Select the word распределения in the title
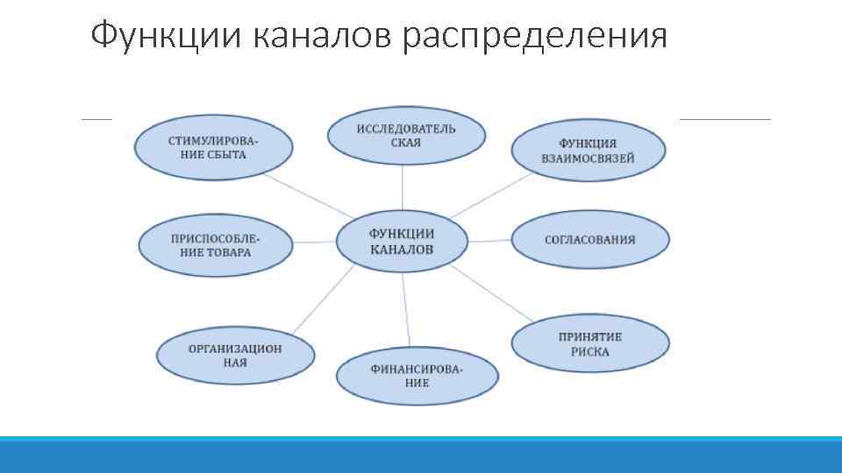pyautogui.click(x=536, y=36)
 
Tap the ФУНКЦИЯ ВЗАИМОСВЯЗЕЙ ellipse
pyautogui.click(x=588, y=151)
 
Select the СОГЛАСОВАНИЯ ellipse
pyautogui.click(x=589, y=240)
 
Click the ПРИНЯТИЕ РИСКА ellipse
pyautogui.click(x=589, y=344)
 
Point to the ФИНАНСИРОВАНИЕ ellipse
pyautogui.click(x=417, y=376)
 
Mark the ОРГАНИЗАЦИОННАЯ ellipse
pyautogui.click(x=235, y=355)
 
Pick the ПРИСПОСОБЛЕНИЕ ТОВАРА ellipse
pyautogui.click(x=216, y=244)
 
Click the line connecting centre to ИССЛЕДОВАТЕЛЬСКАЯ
pyautogui.click(x=403, y=187)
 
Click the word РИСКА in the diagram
pyautogui.click(x=589, y=352)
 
